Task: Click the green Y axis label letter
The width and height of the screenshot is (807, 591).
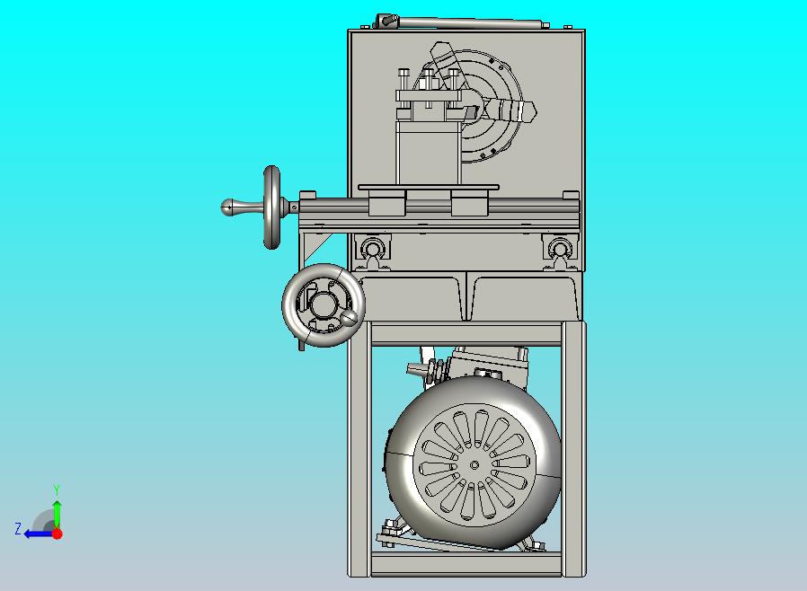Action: point(57,490)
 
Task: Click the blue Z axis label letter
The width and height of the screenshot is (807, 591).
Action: point(18,528)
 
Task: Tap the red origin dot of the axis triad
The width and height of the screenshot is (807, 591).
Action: point(58,534)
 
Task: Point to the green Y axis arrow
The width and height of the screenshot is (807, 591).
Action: point(58,515)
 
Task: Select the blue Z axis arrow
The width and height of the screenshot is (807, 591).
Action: point(39,534)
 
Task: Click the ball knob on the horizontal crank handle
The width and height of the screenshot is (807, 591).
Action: point(228,207)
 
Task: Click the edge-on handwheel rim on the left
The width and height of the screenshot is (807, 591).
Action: point(271,207)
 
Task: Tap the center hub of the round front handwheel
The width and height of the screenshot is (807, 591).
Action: point(324,304)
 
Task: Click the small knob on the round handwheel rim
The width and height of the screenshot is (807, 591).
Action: point(350,317)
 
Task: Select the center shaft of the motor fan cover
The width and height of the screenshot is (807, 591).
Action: point(474,465)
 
